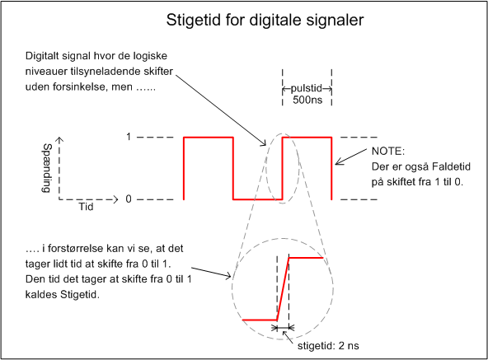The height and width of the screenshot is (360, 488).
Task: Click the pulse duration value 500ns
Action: tap(307, 101)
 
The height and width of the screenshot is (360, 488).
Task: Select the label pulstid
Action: tap(307, 88)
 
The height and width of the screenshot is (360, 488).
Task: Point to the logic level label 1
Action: tap(129, 137)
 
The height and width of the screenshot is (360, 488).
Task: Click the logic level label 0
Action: tap(129, 199)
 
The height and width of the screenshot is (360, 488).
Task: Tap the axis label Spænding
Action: tap(47, 168)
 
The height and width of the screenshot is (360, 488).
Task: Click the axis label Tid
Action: tap(86, 207)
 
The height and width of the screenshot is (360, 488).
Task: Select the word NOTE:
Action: tap(388, 152)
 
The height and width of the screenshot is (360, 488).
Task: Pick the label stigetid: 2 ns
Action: tap(328, 346)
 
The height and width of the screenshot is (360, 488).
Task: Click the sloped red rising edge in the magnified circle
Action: tap(283, 289)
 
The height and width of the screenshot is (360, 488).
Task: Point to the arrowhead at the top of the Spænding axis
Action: tap(59, 139)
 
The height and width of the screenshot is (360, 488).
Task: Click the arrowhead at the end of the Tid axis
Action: tap(115, 199)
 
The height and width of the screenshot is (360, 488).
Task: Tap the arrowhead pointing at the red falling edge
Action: tap(338, 161)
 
